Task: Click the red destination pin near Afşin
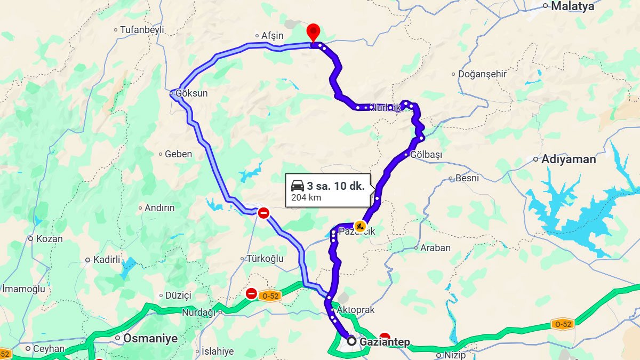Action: (x=314, y=31)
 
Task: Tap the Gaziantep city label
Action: (x=385, y=342)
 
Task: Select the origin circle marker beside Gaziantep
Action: (x=351, y=340)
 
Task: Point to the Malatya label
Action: (x=572, y=6)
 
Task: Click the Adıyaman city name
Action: (x=569, y=159)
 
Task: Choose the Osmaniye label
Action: (x=150, y=338)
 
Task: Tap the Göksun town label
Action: (x=191, y=93)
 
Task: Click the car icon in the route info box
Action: (x=298, y=186)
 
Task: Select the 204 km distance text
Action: (x=306, y=198)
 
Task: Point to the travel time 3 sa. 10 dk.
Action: (x=335, y=186)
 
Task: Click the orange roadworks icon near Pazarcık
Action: (x=360, y=226)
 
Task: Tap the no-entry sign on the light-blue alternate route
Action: (x=263, y=213)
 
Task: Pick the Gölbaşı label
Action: (x=426, y=155)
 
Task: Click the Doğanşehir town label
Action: (x=482, y=74)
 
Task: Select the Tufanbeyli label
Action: (x=142, y=30)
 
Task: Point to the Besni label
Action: (x=467, y=178)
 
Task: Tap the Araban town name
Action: (x=435, y=247)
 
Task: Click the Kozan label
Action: (x=49, y=239)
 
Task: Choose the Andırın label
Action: (x=159, y=208)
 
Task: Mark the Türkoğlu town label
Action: (x=265, y=259)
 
